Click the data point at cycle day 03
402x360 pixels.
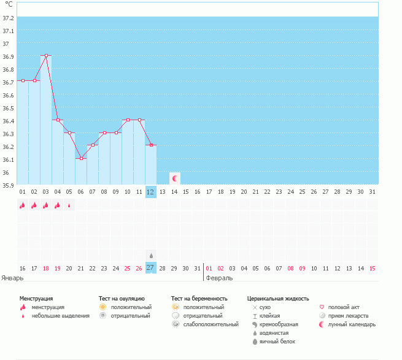pyautogui.click(x=46, y=55)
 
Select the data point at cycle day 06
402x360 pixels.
pyautogui.click(x=81, y=158)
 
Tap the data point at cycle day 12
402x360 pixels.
pyautogui.click(x=151, y=145)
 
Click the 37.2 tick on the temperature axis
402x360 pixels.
pyautogui.click(x=8, y=18)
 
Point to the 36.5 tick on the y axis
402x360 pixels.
pyautogui.click(x=8, y=108)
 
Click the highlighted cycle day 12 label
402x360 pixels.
pyautogui.click(x=151, y=192)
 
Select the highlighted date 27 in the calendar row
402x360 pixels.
pyautogui.click(x=151, y=268)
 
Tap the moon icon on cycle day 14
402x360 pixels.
pyautogui.click(x=175, y=178)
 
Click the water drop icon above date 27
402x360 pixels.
pyautogui.click(x=151, y=255)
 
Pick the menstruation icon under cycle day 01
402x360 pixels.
pyautogui.click(x=23, y=205)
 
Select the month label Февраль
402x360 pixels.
pyautogui.click(x=219, y=278)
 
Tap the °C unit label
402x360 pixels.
pyautogui.click(x=8, y=5)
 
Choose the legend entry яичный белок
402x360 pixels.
pyautogui.click(x=276, y=341)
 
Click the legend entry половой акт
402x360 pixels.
pyautogui.click(x=343, y=307)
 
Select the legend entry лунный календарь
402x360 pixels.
pyautogui.click(x=352, y=324)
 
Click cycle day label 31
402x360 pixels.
pyautogui.click(x=372, y=192)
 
